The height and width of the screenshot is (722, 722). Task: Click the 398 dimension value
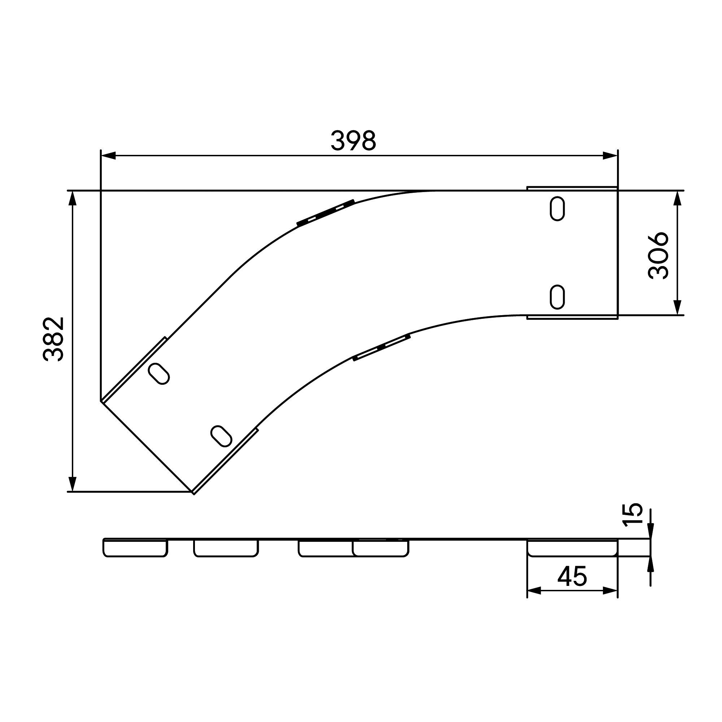click(353, 140)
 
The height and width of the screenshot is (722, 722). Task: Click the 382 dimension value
click(53, 339)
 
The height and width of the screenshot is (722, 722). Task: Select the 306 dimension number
click(658, 256)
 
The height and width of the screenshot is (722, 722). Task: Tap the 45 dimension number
click(572, 576)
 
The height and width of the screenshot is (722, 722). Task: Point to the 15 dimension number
click(632, 514)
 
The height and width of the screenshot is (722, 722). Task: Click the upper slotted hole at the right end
click(557, 209)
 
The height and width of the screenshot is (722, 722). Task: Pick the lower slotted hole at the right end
click(557, 297)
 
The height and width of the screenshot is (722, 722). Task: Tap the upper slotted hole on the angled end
click(159, 373)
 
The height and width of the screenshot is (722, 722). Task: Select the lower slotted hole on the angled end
click(222, 436)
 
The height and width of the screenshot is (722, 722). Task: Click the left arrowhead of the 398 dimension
click(108, 156)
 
